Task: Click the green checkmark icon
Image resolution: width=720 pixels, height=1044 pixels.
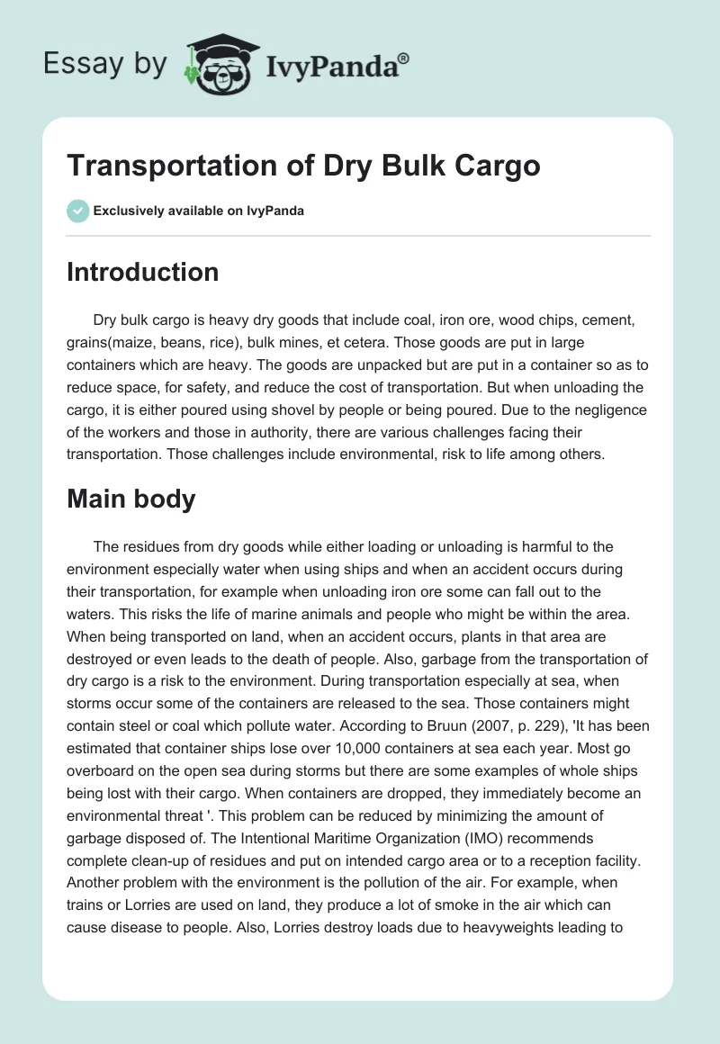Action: (77, 211)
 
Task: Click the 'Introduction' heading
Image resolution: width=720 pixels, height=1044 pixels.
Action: (142, 272)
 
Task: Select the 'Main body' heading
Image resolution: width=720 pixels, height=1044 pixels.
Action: (130, 499)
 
